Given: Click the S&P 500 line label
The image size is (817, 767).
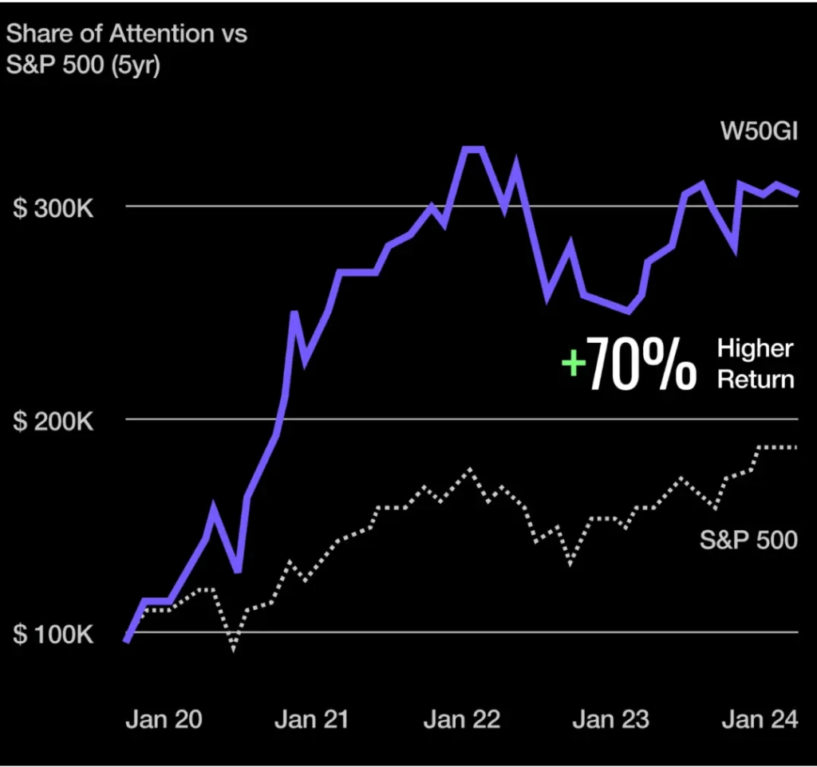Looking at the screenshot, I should coord(748,540).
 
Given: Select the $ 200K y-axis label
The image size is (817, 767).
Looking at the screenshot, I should coord(53,421).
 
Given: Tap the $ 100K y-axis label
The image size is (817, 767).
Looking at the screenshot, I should coord(53,635).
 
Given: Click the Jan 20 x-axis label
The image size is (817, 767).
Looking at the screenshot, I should coord(164,719).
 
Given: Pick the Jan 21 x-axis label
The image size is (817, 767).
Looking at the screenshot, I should coord(311,719).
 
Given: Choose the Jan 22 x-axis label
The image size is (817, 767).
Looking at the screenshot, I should coord(461,719).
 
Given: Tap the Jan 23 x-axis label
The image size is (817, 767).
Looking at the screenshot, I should coord(611,719).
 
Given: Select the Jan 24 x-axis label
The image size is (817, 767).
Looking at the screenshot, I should coord(760,719).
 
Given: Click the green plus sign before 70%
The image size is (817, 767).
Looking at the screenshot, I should coord(573,364).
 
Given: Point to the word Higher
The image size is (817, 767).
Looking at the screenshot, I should coord(755,348).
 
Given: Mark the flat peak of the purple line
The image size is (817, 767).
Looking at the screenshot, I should coord(473,149).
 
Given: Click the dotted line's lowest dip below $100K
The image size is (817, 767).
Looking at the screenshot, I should coord(233,647).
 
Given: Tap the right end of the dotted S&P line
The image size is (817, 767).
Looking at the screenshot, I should coord(795,447).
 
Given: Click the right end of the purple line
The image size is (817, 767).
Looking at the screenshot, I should coord(796,193).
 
